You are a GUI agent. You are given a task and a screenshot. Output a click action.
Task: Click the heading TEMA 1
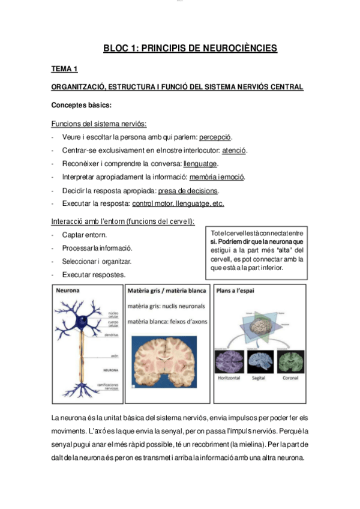click(65, 70)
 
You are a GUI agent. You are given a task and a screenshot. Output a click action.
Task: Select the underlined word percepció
click(215, 137)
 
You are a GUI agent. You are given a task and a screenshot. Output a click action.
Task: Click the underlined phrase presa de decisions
click(188, 191)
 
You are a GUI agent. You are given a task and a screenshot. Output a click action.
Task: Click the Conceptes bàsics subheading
click(82, 106)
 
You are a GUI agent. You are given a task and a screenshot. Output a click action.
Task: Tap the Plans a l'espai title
click(235, 291)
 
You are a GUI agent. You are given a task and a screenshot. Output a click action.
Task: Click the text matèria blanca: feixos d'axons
click(167, 321)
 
